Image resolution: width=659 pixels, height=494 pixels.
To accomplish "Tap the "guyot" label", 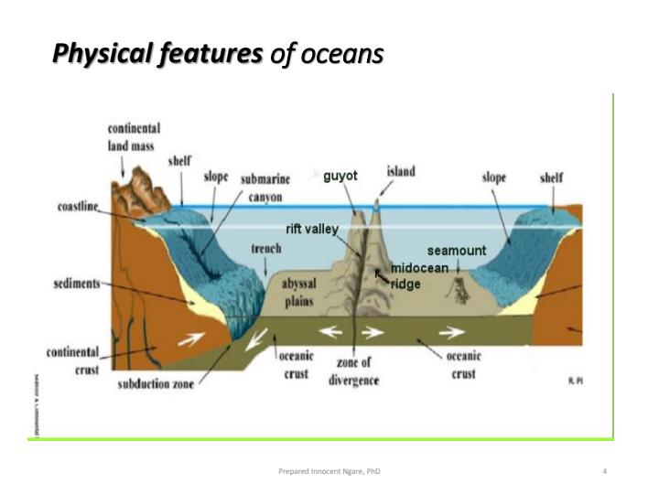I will pyautogui.click(x=340, y=176).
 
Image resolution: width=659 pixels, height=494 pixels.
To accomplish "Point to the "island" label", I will pyautogui.click(x=400, y=171).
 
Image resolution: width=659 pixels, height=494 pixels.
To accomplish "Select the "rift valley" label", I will pyautogui.click(x=312, y=229).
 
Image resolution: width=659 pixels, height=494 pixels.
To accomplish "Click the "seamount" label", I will pyautogui.click(x=457, y=250).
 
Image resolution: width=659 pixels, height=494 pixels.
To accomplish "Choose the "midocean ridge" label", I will pyautogui.click(x=419, y=275).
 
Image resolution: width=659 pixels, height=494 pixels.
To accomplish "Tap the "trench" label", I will pyautogui.click(x=265, y=249).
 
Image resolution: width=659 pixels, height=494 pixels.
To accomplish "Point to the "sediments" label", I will pyautogui.click(x=77, y=284).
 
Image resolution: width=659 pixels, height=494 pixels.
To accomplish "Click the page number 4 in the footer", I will pyautogui.click(x=605, y=471).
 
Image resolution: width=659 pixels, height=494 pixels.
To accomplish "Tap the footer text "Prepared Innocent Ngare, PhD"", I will pyautogui.click(x=329, y=471).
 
